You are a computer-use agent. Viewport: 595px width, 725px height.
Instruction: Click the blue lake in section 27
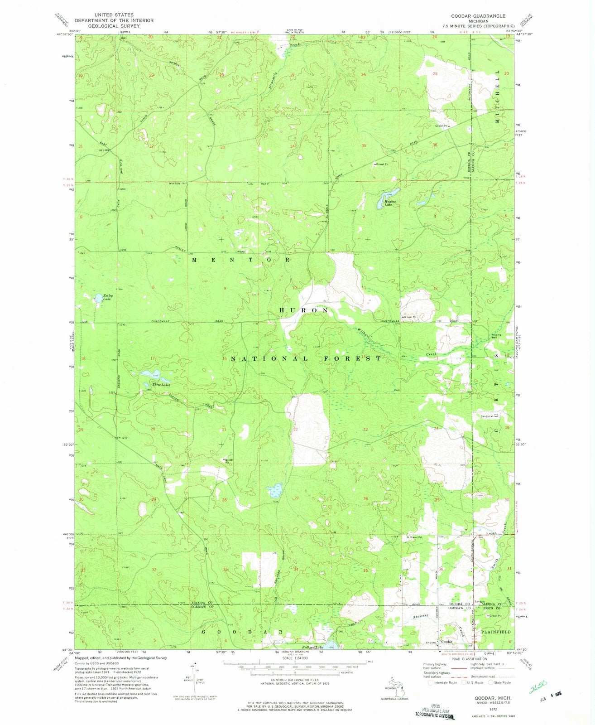coord(275,490)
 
